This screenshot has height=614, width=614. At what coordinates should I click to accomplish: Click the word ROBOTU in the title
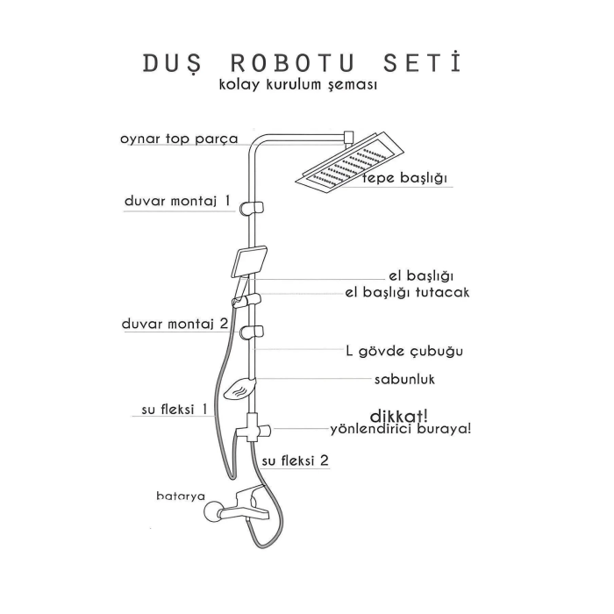click(x=295, y=64)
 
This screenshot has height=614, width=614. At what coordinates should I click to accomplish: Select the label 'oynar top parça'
click(x=179, y=139)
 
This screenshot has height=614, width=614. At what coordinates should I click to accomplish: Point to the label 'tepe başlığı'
click(x=406, y=180)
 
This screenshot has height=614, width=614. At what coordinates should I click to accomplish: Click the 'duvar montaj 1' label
click(x=178, y=201)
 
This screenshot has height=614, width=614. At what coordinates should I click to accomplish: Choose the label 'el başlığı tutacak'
click(x=407, y=292)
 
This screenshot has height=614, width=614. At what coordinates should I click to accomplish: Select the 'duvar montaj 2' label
click(x=175, y=324)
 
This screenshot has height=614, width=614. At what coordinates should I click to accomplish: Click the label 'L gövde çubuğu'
click(x=404, y=351)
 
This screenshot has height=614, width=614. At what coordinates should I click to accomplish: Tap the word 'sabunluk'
click(x=405, y=380)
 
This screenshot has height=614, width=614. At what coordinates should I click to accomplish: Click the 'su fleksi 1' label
click(x=175, y=409)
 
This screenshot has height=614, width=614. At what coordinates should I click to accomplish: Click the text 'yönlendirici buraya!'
click(x=400, y=429)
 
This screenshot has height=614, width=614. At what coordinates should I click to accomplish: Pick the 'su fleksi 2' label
click(x=296, y=460)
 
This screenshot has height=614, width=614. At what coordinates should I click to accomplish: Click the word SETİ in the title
click(x=423, y=64)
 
